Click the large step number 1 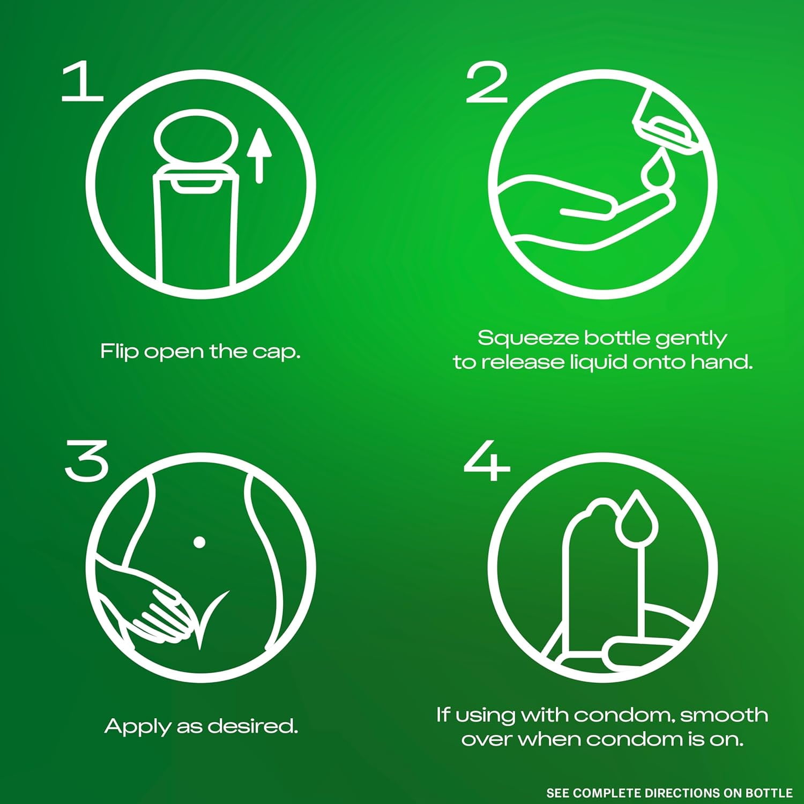(x=82, y=81)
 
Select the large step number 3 (x=86, y=460)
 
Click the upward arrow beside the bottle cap (x=259, y=155)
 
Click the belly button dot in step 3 (x=199, y=542)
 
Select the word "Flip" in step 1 (x=120, y=352)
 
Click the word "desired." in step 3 (x=252, y=726)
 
